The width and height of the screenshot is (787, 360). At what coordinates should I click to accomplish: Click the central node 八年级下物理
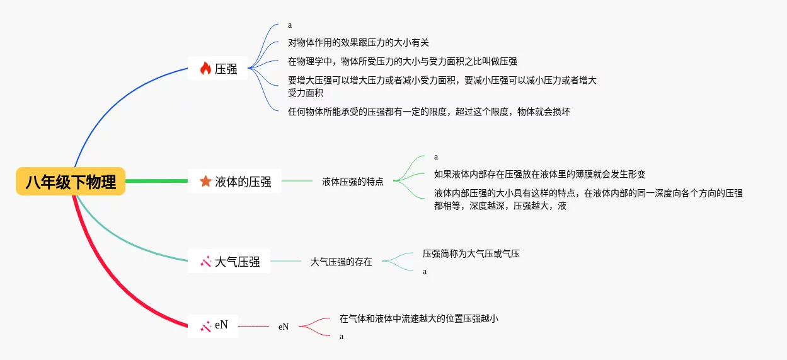point(71,182)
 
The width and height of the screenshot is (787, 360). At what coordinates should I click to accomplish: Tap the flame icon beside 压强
point(205,69)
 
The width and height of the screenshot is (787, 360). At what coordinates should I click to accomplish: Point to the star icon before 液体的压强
point(205,182)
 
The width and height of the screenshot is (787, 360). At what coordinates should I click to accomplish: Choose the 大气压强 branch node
point(229,261)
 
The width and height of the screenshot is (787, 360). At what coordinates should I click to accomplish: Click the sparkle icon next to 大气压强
point(205,261)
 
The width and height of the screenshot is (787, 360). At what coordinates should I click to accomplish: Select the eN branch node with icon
point(214,325)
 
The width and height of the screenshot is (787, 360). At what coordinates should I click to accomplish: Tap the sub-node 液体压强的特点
point(352,182)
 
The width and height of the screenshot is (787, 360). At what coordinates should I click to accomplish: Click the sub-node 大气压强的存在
point(341,261)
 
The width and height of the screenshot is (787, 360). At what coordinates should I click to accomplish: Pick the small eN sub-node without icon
point(284,327)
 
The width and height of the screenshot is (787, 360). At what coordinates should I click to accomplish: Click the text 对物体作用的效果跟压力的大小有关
point(358,43)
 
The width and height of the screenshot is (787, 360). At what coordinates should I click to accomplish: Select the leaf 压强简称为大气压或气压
point(471,253)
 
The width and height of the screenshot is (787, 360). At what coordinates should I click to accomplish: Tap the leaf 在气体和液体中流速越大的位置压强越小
point(418,318)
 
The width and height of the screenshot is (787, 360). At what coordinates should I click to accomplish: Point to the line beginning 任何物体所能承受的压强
point(428,112)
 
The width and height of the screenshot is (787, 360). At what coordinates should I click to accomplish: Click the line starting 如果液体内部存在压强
point(539,174)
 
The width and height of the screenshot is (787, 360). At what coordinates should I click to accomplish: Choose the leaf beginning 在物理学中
point(402,61)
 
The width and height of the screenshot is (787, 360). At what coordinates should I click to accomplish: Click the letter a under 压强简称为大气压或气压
point(425,272)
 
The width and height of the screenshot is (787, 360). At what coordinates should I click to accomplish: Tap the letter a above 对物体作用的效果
point(290,25)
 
